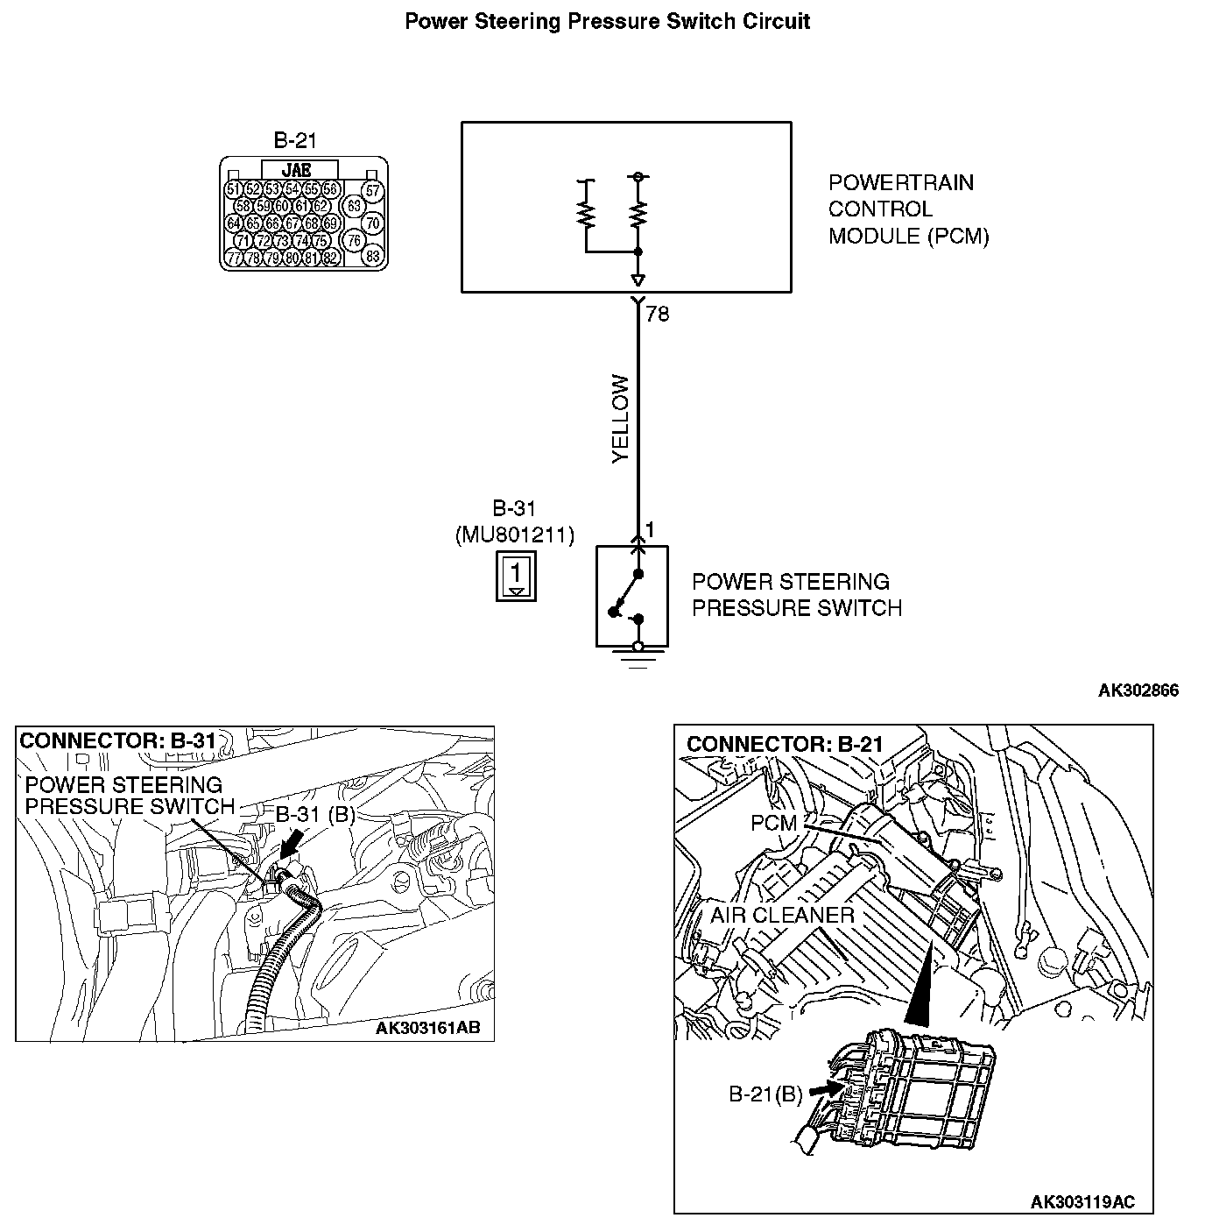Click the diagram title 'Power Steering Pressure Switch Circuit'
[x=607, y=21]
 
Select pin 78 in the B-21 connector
[x=252, y=258]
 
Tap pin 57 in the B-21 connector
[x=373, y=191]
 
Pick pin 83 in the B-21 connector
[x=373, y=257]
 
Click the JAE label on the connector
[x=297, y=170]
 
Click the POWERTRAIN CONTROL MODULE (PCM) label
[x=908, y=209]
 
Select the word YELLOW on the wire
[x=620, y=420]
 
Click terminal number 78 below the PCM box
[x=657, y=314]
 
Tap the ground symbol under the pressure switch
[x=638, y=657]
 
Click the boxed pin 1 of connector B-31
[x=516, y=577]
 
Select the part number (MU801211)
[x=515, y=535]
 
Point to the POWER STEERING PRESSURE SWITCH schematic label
[x=796, y=595]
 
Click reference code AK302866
[x=1138, y=690]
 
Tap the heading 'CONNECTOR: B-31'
[x=117, y=741]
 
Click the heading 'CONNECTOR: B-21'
[x=785, y=745]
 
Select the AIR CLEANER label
[x=781, y=916]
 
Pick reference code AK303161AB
[x=427, y=1028]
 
